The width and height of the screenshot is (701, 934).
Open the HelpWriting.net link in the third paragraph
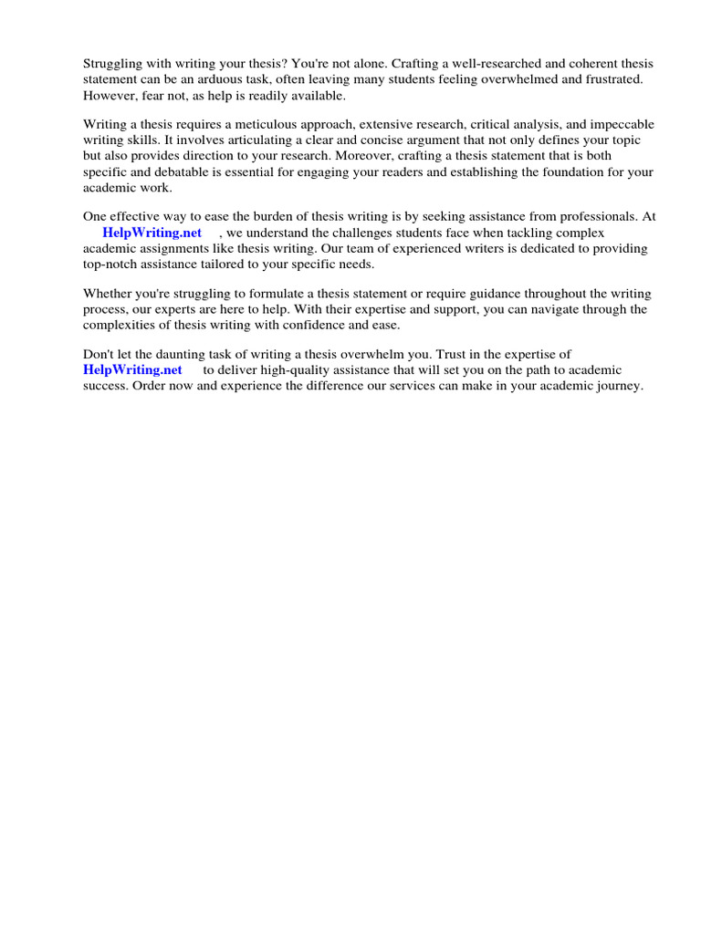(x=152, y=233)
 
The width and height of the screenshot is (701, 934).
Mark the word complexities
(x=122, y=325)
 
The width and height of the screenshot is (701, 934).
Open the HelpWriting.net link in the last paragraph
(x=132, y=369)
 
